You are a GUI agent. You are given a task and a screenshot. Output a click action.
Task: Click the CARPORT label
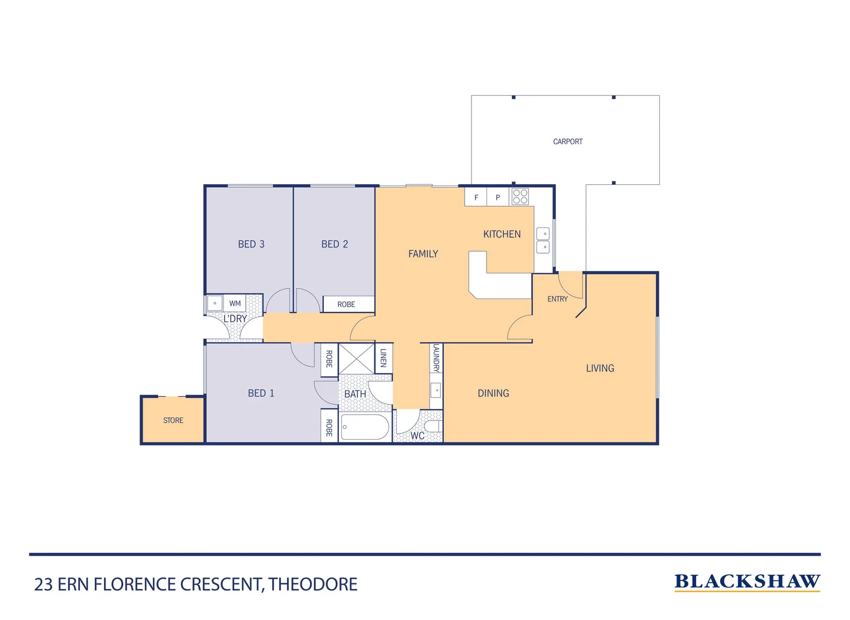pyautogui.click(x=567, y=141)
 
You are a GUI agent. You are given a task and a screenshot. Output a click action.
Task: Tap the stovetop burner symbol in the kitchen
pyautogui.click(x=520, y=196)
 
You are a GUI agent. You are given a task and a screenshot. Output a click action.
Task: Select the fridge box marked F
pyautogui.click(x=476, y=197)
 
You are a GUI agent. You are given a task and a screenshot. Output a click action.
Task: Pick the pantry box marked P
pyautogui.click(x=497, y=197)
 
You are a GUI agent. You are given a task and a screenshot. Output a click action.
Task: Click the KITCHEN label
pyautogui.click(x=501, y=234)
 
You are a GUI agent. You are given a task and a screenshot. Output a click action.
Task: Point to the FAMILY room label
pyautogui.click(x=423, y=254)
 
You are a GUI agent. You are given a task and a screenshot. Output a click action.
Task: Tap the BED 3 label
pyautogui.click(x=251, y=244)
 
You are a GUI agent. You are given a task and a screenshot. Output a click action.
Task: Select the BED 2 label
pyautogui.click(x=334, y=244)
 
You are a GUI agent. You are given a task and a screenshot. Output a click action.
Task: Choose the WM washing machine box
pyautogui.click(x=235, y=303)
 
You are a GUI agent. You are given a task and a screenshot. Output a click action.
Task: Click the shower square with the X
pyautogui.click(x=356, y=359)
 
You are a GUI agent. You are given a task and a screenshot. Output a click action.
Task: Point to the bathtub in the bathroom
pyautogui.click(x=365, y=427)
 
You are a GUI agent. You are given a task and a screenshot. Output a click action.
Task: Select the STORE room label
pyautogui.click(x=173, y=420)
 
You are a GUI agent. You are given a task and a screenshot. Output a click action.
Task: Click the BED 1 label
pyautogui.click(x=261, y=393)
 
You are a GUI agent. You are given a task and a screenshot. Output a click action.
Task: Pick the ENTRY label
pyautogui.click(x=557, y=299)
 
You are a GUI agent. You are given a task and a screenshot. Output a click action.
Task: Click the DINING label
pyautogui.click(x=493, y=393)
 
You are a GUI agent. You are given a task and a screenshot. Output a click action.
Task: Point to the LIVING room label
pyautogui.click(x=600, y=368)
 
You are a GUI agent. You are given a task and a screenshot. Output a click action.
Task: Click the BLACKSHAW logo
pyautogui.click(x=747, y=582)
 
